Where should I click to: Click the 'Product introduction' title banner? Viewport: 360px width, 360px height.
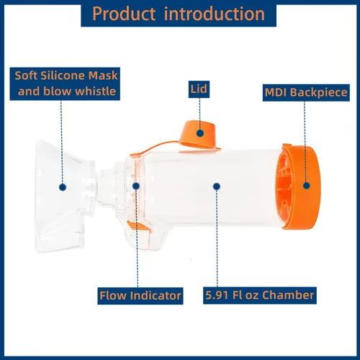pyautogui.click(x=179, y=14)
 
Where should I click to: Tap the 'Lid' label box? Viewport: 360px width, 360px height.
pyautogui.click(x=199, y=89)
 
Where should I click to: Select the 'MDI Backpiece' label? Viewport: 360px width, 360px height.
pyautogui.click(x=306, y=92)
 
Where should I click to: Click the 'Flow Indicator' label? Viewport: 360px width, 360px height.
pyautogui.click(x=140, y=296)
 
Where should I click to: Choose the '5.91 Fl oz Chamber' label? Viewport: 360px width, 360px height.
pyautogui.click(x=260, y=295)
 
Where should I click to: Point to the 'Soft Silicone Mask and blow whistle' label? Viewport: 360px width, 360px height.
pyautogui.click(x=65, y=84)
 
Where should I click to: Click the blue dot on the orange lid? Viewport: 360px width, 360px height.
pyautogui.click(x=200, y=133)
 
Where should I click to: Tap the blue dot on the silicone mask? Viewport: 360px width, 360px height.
pyautogui.click(x=63, y=187)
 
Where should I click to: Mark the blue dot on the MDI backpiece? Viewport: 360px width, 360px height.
pyautogui.click(x=306, y=186)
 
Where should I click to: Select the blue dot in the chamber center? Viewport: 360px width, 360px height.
pyautogui.click(x=217, y=186)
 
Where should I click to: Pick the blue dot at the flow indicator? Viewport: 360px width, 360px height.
pyautogui.click(x=136, y=186)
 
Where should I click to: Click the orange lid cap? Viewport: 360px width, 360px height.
pyautogui.click(x=200, y=135)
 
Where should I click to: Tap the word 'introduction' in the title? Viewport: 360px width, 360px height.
pyautogui.click(x=215, y=14)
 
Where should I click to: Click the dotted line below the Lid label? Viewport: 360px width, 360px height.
pyautogui.click(x=199, y=114)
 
